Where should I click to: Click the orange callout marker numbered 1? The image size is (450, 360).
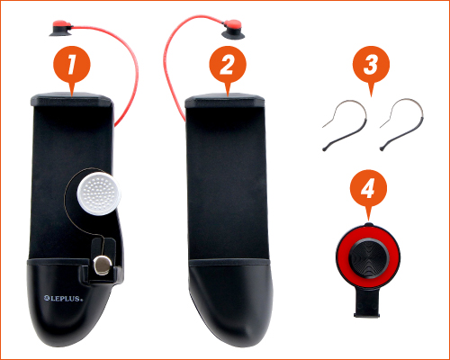click(x=72, y=65)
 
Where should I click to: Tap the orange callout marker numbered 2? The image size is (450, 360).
click(x=228, y=65)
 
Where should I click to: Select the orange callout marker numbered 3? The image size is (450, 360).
click(x=371, y=65)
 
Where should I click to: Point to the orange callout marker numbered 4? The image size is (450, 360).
click(x=368, y=188)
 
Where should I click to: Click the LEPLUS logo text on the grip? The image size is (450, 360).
click(x=63, y=298)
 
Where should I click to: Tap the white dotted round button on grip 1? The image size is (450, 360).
click(x=99, y=193)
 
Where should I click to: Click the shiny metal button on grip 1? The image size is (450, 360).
click(x=103, y=265)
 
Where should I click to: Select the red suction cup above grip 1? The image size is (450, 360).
click(x=61, y=28)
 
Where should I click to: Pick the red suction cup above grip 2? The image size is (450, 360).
click(x=233, y=29)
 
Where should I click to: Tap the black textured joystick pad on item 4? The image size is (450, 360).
click(x=368, y=257)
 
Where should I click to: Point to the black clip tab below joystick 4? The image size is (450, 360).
click(x=367, y=304)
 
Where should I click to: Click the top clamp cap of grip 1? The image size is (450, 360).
click(x=72, y=100)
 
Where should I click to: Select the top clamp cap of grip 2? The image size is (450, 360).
click(x=225, y=101)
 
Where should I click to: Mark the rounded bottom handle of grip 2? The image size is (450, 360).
click(x=231, y=302)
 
